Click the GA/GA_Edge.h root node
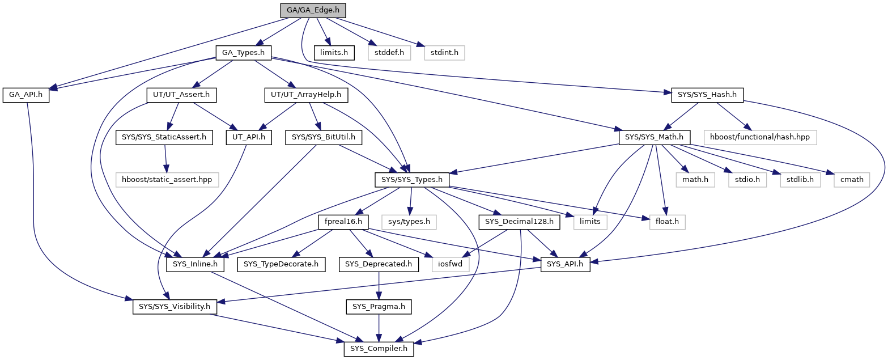(x=313, y=10)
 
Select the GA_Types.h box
(x=244, y=53)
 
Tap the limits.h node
(x=334, y=53)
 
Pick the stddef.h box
(x=389, y=53)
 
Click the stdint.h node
(x=444, y=53)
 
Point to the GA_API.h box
(x=26, y=95)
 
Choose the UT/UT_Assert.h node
(x=181, y=95)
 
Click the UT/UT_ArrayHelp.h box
(x=306, y=95)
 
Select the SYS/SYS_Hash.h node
(x=707, y=95)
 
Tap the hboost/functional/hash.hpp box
(x=760, y=137)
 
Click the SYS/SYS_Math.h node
(x=654, y=137)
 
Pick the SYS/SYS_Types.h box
(x=412, y=180)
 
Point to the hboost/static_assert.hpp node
(x=167, y=180)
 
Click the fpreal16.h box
(x=343, y=222)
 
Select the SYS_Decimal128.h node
(x=519, y=222)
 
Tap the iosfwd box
(x=451, y=264)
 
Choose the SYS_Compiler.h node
(x=379, y=349)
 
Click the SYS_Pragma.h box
(x=379, y=307)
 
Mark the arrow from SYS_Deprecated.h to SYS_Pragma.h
(x=379, y=286)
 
